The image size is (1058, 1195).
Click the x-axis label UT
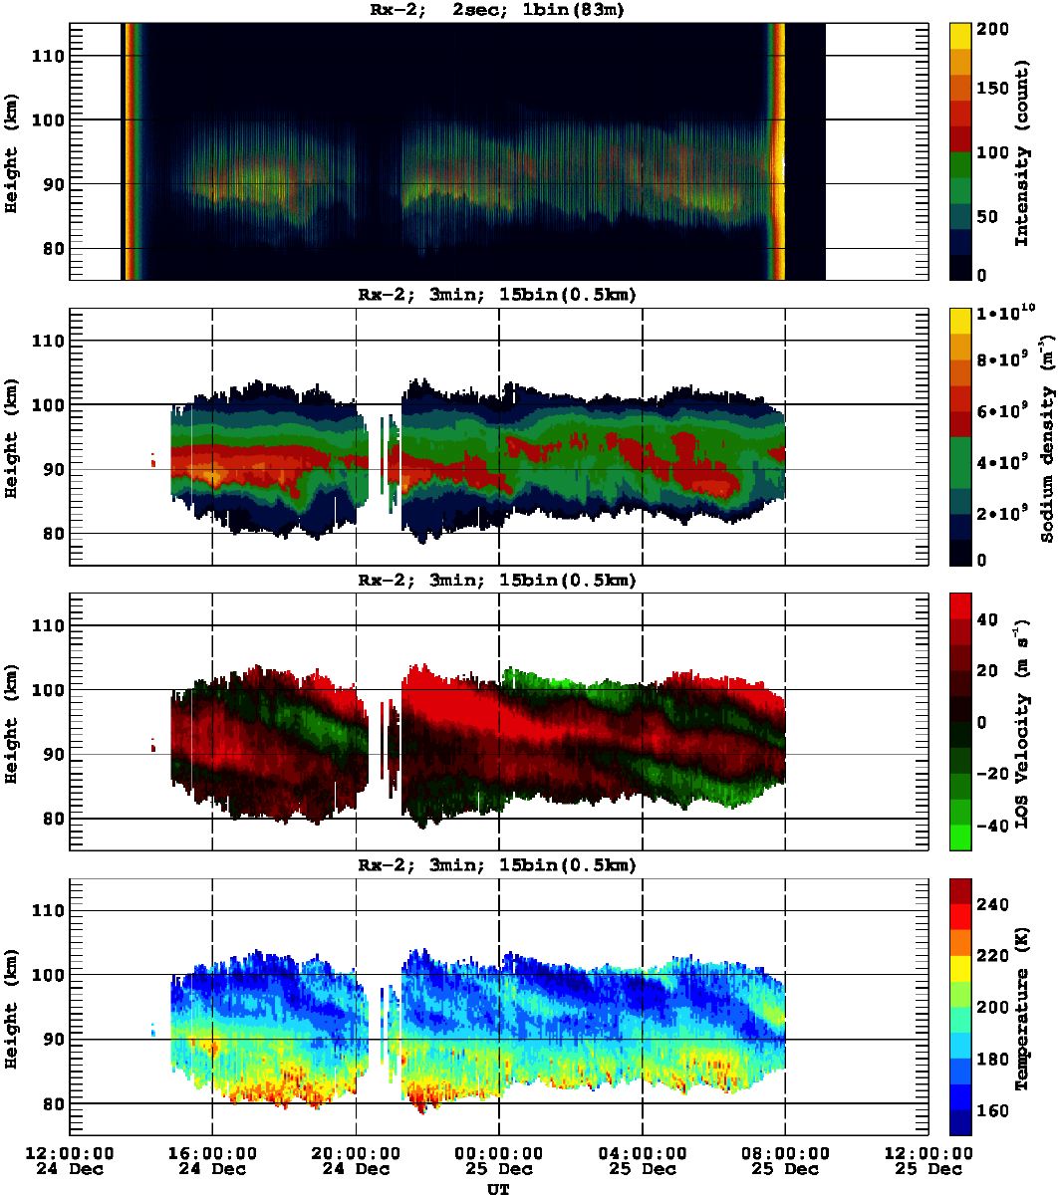point(498,1188)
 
